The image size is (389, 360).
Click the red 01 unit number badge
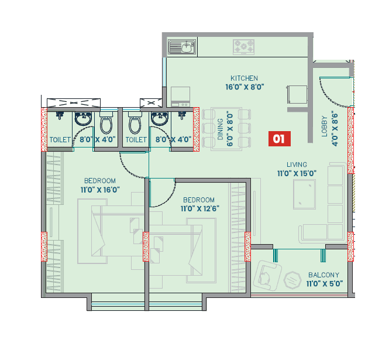278,139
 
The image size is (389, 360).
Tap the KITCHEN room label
244,78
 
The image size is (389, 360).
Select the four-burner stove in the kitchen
244,46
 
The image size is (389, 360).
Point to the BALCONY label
323,275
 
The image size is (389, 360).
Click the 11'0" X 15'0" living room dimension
297,173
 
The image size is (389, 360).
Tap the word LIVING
297,164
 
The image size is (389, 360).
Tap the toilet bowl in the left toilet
106,125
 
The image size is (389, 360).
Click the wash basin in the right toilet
159,119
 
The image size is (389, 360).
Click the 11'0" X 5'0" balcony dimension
323,284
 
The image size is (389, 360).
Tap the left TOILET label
60,140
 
